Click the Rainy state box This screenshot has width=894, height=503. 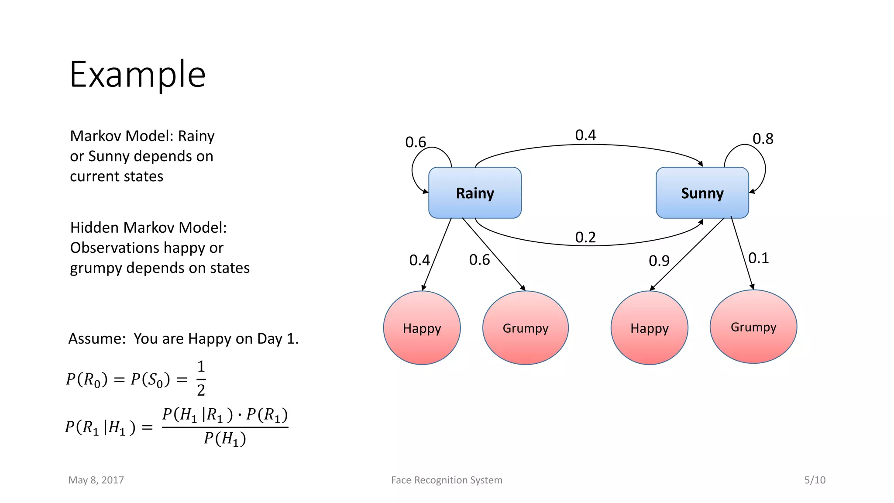tap(475, 193)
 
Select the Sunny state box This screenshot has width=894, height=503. tap(702, 193)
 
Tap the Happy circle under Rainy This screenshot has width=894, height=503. tap(422, 328)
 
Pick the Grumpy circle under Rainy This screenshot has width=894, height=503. tap(525, 328)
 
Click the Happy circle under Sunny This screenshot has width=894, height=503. tap(649, 328)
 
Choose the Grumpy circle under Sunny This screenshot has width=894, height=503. tap(753, 327)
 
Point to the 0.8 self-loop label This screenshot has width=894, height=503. tap(763, 139)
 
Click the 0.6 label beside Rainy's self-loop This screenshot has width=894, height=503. tap(415, 142)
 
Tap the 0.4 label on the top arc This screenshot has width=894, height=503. tap(585, 135)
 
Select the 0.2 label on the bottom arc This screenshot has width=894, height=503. tap(585, 238)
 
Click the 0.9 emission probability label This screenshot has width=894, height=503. tap(659, 261)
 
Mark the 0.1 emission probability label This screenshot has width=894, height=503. tap(758, 258)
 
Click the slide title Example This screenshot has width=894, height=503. tap(138, 75)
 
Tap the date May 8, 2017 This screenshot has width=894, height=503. tap(96, 480)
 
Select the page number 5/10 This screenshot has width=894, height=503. tap(815, 480)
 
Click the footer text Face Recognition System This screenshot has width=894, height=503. tap(447, 480)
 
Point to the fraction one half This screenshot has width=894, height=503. tap(201, 378)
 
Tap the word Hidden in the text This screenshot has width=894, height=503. tap(95, 228)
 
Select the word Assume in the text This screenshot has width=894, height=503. tap(96, 339)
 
